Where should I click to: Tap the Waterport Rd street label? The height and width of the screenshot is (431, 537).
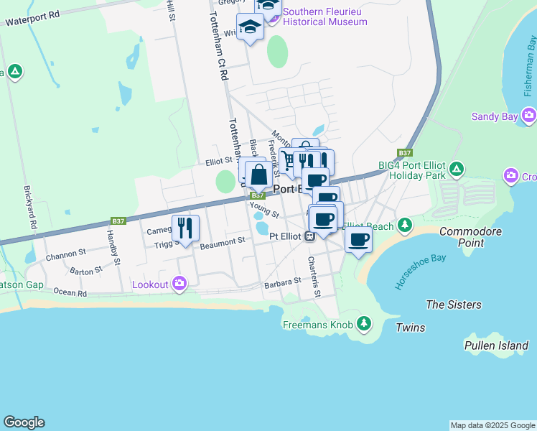click(32, 18)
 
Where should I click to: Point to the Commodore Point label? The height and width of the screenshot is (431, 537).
click(470, 237)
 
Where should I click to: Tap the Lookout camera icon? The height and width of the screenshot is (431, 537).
click(179, 284)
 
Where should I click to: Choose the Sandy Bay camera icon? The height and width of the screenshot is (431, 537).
click(529, 116)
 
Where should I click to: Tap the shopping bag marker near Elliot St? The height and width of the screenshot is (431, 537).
click(258, 173)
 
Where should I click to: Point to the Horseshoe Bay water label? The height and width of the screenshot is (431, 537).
click(414, 269)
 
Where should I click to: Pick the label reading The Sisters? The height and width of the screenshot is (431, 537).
click(453, 305)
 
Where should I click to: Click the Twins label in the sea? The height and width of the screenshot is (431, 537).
click(410, 328)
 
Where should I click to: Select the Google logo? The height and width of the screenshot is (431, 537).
click(24, 422)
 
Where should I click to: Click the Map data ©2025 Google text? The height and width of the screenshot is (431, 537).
click(492, 425)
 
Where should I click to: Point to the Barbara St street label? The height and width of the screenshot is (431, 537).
click(281, 282)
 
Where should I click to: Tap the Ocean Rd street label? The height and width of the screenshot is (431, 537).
click(70, 292)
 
